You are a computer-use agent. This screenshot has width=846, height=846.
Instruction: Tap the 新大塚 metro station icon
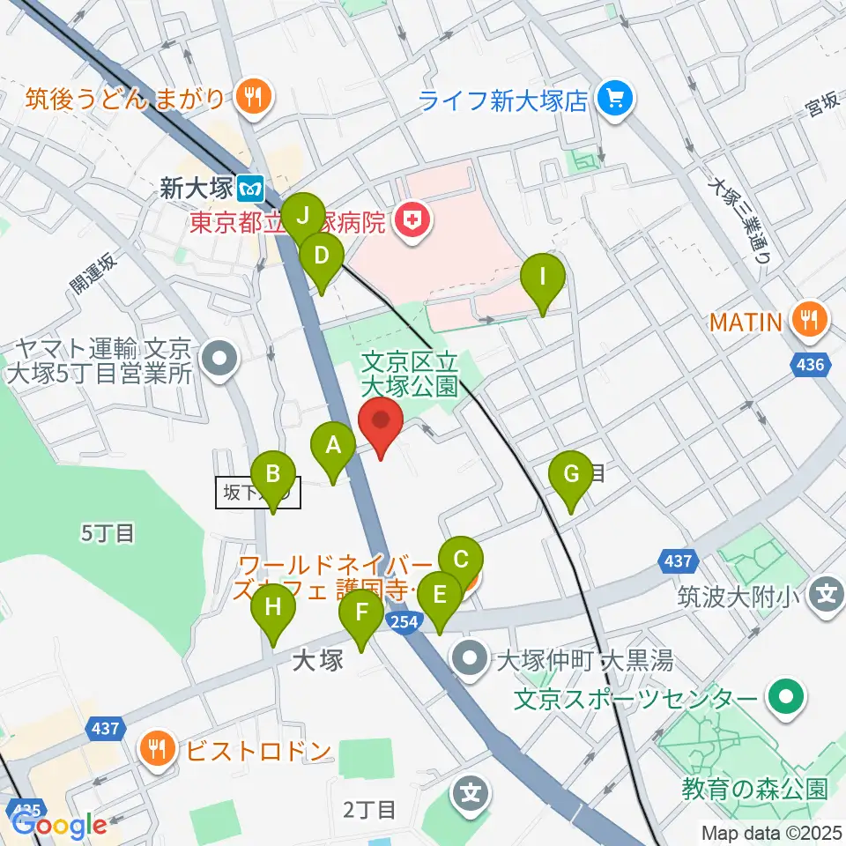(x=253, y=188)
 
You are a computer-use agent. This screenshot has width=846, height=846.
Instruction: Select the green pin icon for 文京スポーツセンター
(x=782, y=700)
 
